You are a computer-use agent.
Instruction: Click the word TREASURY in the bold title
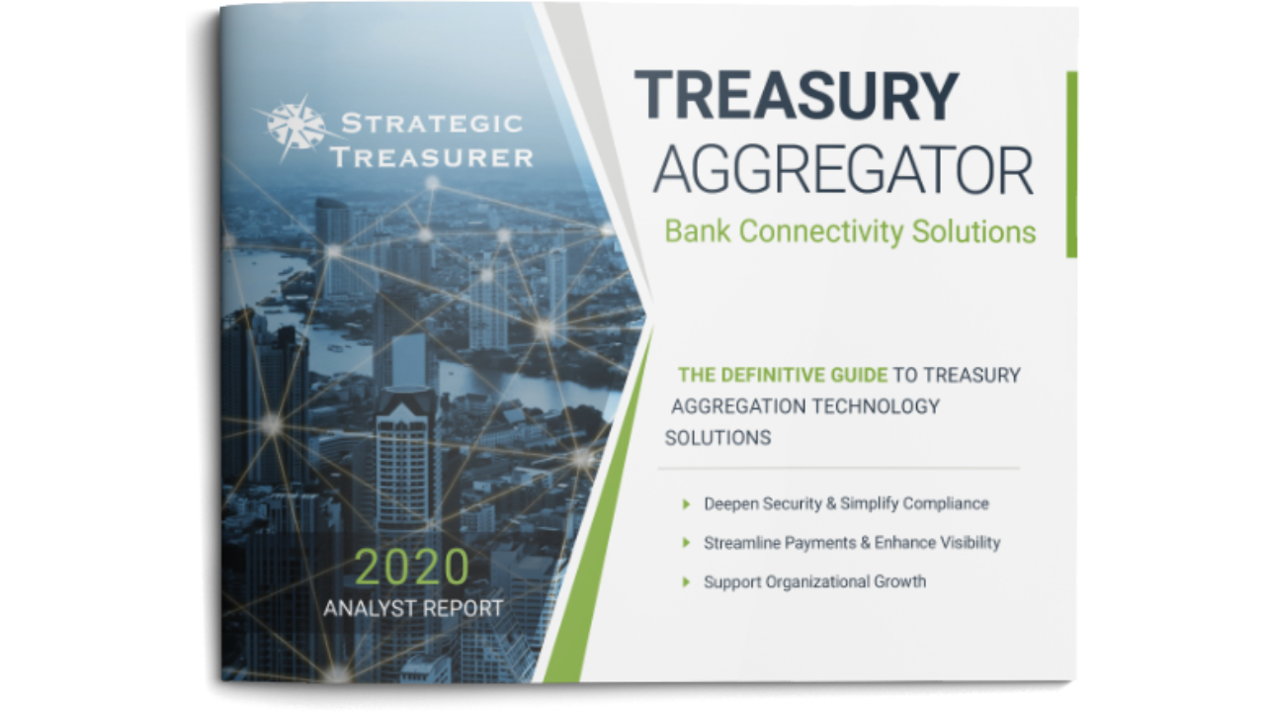click(x=797, y=95)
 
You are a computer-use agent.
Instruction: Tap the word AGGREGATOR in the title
click(x=844, y=170)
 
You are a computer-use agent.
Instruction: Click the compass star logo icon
click(x=295, y=128)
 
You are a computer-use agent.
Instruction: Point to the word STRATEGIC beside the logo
click(x=432, y=124)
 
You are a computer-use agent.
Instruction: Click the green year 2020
click(x=412, y=567)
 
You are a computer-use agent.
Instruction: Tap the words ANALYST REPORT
click(x=413, y=608)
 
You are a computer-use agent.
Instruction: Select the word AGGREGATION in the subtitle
click(x=738, y=406)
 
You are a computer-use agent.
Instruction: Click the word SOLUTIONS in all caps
click(x=717, y=438)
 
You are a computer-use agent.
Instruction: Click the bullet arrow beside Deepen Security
click(x=686, y=504)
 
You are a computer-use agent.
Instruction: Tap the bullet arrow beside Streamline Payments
click(x=686, y=543)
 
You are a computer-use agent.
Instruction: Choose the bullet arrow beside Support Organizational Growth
click(x=686, y=582)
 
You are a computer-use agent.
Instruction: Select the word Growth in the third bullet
click(x=899, y=581)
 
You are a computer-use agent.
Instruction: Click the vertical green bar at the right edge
click(x=1071, y=164)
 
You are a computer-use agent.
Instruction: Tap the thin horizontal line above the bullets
click(x=839, y=469)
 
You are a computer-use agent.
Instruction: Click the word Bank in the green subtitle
click(x=697, y=231)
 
